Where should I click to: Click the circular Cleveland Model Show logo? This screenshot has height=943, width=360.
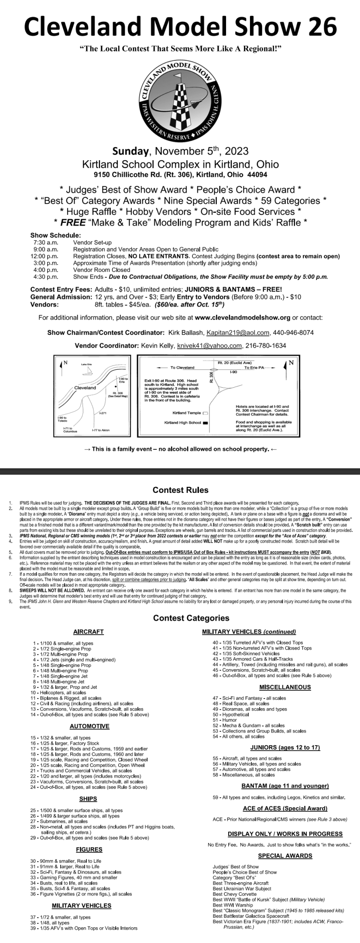(x=180, y=101)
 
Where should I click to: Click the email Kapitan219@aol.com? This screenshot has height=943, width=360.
(x=237, y=333)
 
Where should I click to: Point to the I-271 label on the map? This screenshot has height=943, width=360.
(x=103, y=413)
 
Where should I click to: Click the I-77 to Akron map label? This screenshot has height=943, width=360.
(x=101, y=430)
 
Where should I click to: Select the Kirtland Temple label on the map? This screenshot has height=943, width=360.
(x=187, y=413)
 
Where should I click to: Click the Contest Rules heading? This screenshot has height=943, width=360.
(x=180, y=490)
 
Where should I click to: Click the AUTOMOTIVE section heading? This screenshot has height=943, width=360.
(x=89, y=726)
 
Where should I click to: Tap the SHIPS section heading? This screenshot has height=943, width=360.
(x=88, y=799)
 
